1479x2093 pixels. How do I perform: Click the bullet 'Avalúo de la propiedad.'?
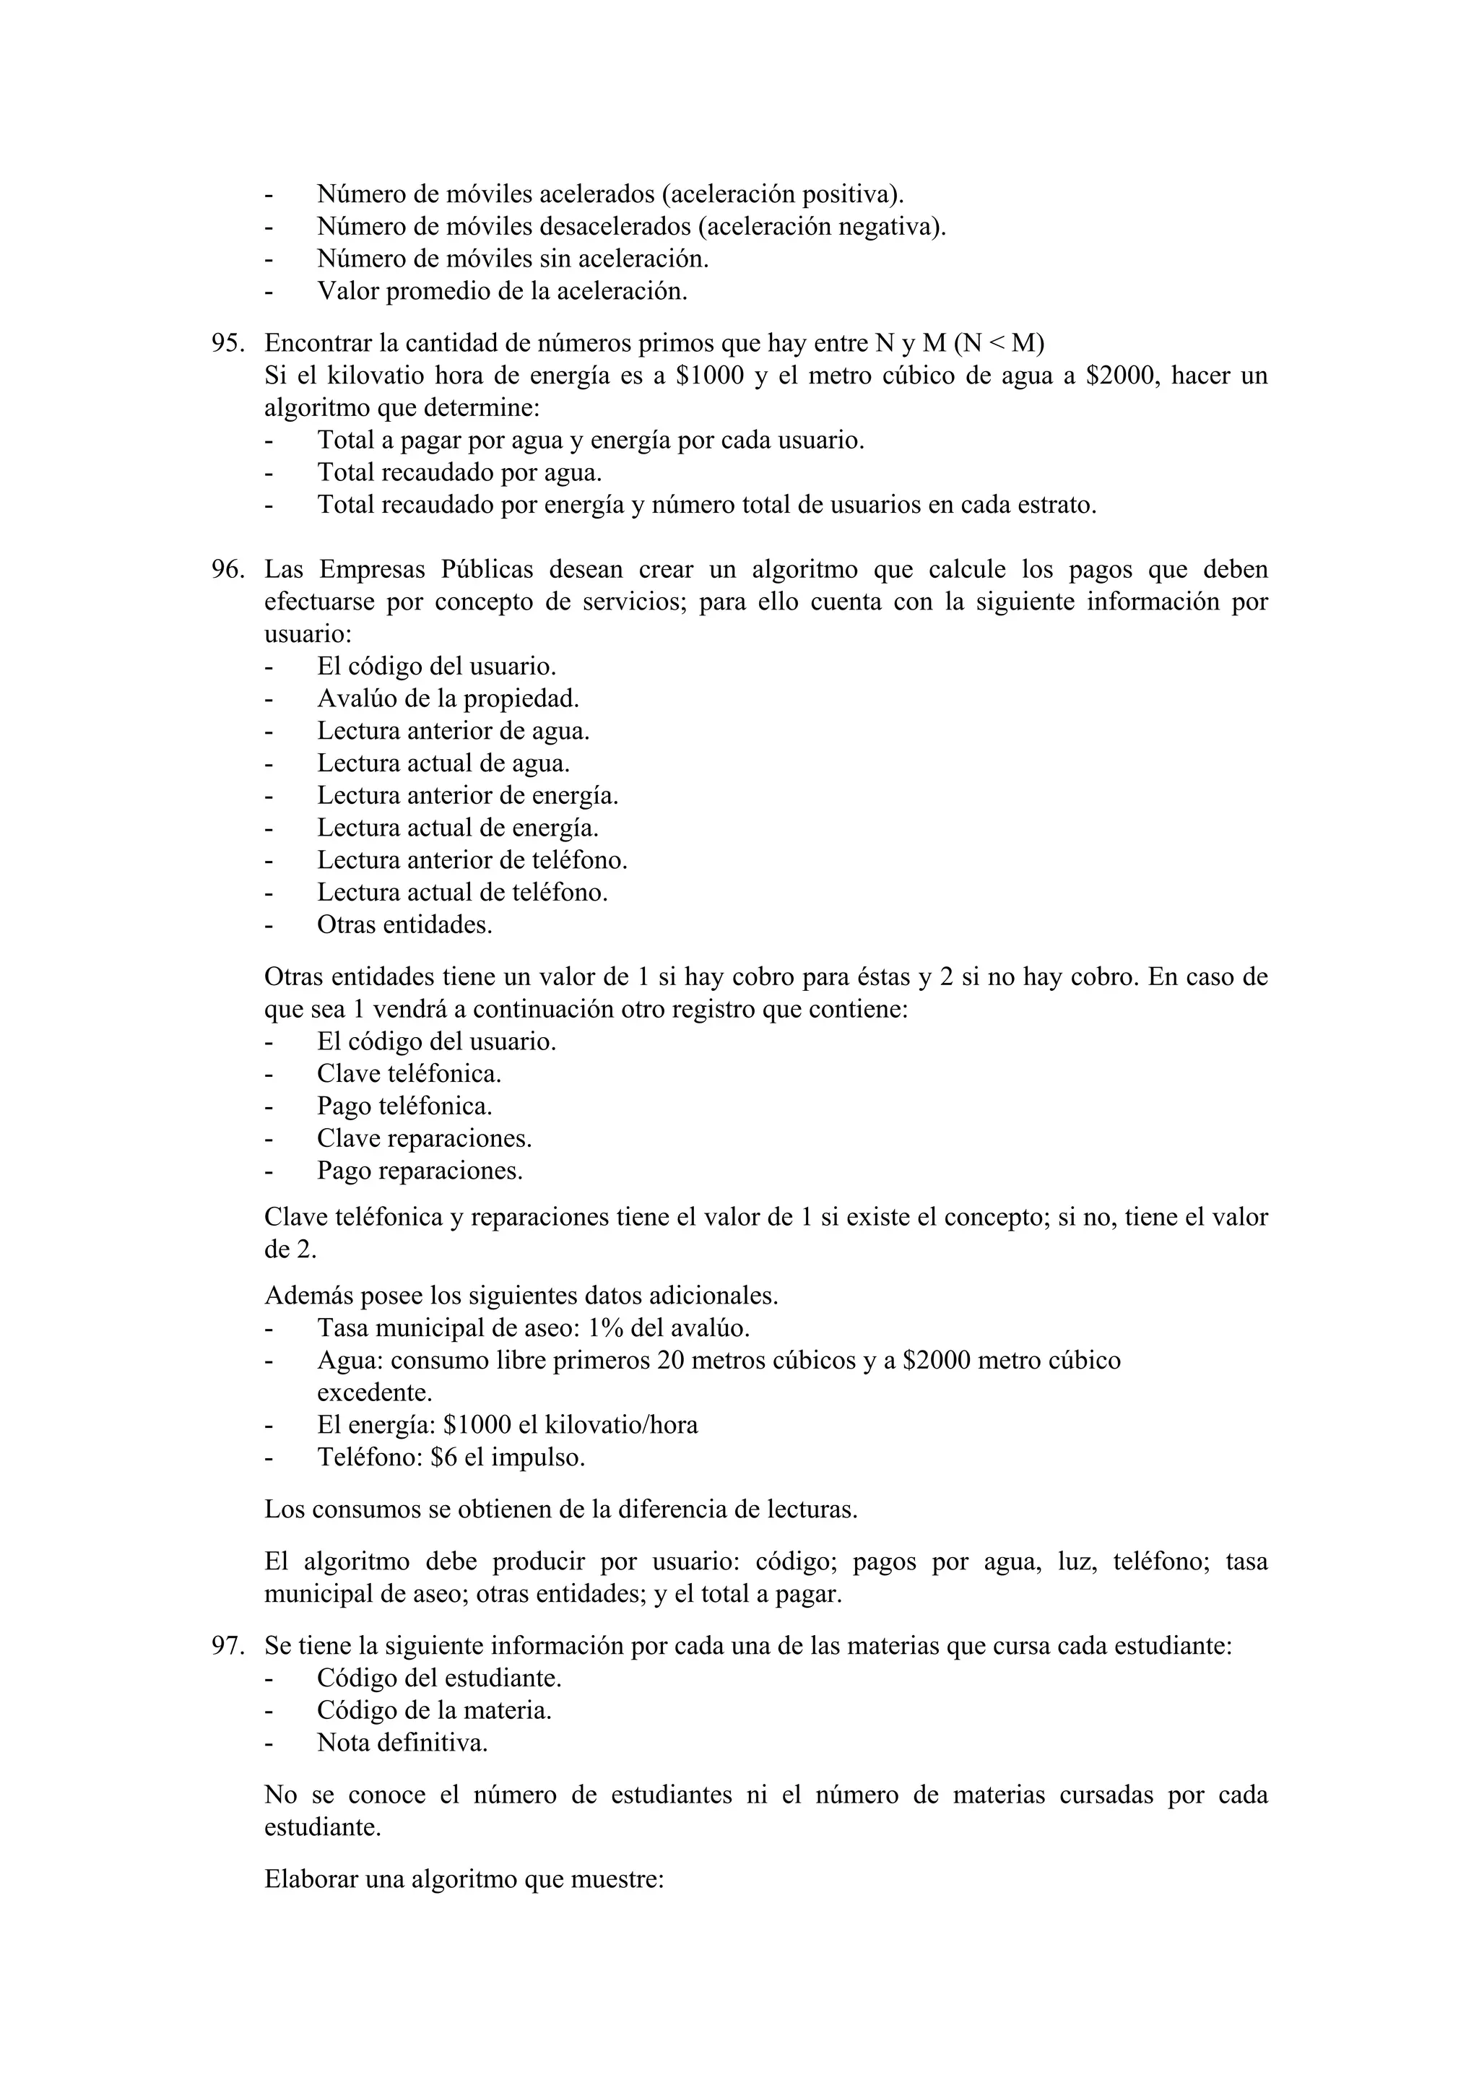[448, 699]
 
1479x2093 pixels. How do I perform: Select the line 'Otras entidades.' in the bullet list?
[404, 925]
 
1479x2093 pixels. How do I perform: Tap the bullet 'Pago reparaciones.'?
[419, 1171]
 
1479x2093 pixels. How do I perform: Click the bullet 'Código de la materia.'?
[434, 1711]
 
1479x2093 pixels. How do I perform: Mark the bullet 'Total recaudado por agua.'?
[459, 473]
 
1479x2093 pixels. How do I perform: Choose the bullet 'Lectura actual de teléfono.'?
[462, 893]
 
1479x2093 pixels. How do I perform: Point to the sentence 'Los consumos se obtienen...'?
[560, 1509]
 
